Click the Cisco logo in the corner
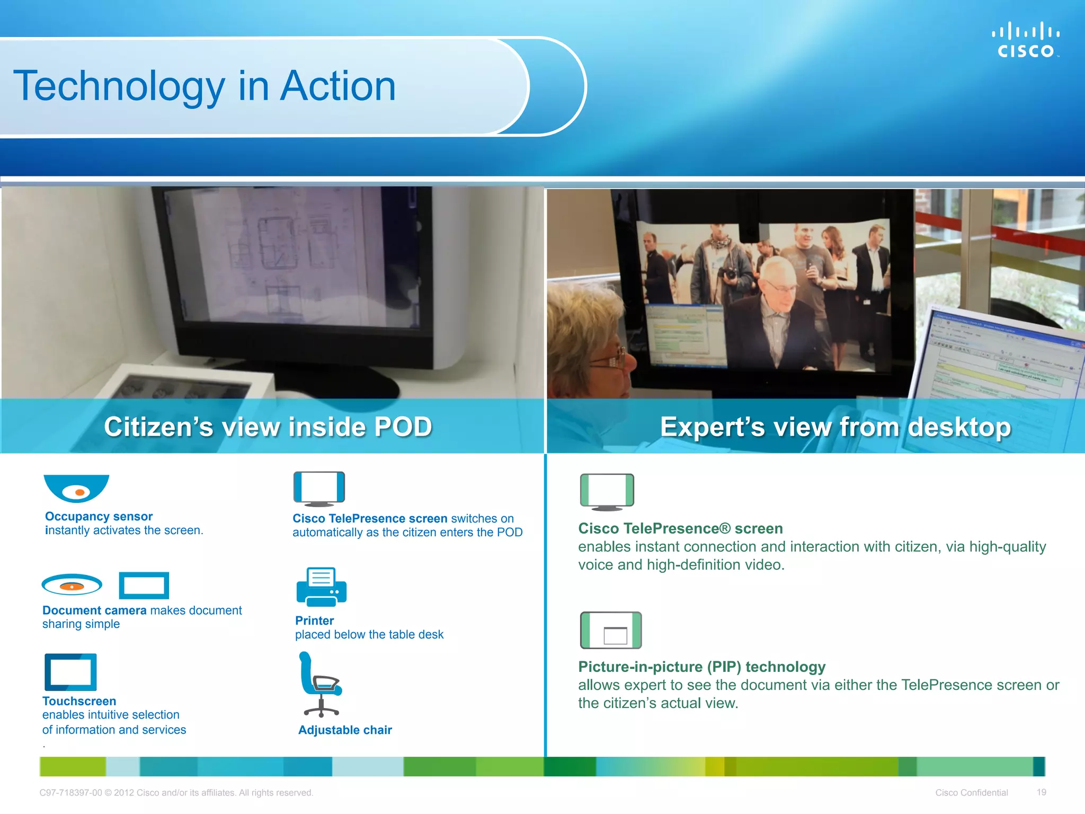[1025, 40]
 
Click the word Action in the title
[337, 86]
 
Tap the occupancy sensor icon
[76, 488]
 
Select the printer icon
[321, 587]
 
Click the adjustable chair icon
[320, 684]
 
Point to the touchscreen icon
[70, 672]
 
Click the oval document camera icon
[72, 585]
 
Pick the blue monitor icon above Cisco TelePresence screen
[319, 489]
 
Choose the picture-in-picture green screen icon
[610, 630]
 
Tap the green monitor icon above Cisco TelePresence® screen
[607, 492]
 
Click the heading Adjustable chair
[345, 730]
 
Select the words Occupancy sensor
[99, 516]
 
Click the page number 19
[1041, 792]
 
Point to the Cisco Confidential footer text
[971, 793]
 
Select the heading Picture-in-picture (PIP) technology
[701, 667]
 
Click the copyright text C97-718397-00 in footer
[70, 793]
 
